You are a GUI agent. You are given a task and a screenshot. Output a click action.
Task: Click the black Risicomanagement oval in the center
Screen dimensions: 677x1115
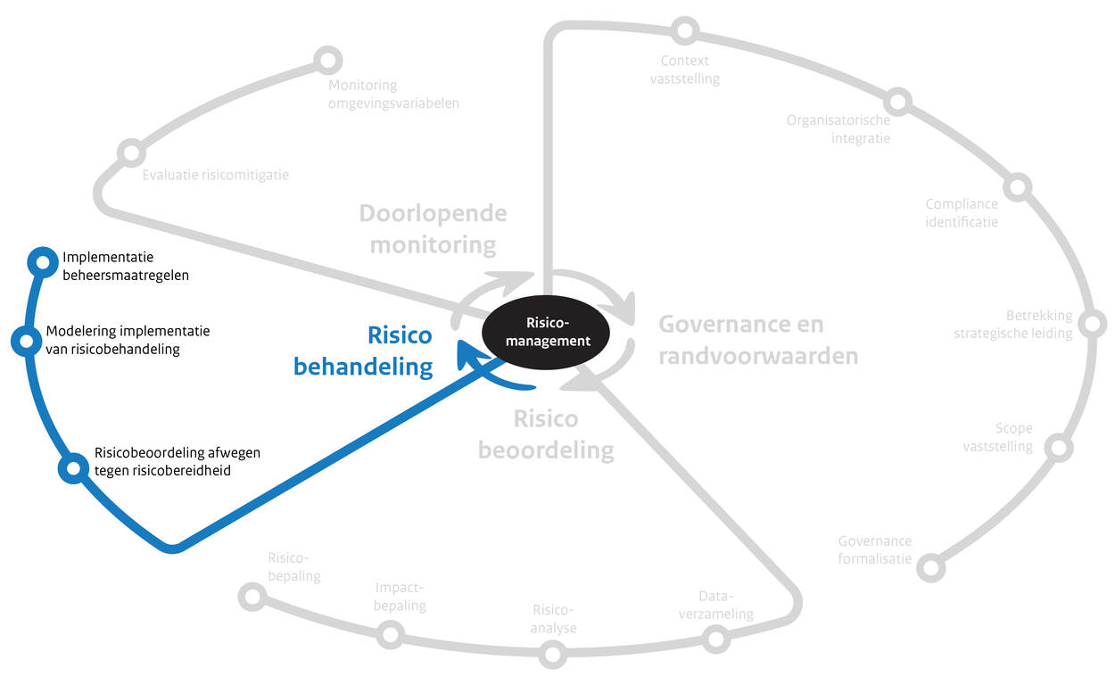point(545,332)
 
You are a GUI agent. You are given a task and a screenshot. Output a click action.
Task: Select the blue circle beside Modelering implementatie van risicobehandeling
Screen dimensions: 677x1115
point(25,340)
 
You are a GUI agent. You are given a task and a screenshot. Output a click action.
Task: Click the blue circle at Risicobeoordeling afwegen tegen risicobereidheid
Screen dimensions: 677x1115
point(72,468)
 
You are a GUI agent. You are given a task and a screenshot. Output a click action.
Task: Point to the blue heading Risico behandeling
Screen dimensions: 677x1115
point(401,351)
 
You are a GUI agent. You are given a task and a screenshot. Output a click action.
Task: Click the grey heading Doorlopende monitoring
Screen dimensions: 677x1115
point(433,228)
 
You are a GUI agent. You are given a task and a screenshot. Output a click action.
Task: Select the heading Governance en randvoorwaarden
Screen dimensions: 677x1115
point(758,340)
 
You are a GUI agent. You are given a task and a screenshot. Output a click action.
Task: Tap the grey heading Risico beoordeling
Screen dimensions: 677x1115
point(546,434)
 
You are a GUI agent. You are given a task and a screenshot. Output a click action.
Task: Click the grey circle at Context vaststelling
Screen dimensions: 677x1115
point(684,31)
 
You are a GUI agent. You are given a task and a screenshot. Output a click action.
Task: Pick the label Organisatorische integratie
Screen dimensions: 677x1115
point(838,129)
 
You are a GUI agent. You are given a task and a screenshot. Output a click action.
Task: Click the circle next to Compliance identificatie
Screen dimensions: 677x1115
point(1018,187)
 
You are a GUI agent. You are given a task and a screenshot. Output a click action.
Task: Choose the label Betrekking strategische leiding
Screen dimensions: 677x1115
point(1013,325)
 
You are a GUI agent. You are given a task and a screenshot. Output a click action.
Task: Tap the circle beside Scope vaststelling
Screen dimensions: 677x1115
point(1058,447)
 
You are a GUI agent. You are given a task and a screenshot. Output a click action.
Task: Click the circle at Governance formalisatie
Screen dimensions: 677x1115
point(930,567)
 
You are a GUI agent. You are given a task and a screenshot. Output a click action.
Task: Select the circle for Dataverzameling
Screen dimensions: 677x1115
point(714,638)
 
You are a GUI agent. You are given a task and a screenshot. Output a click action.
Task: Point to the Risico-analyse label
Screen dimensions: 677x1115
point(554,619)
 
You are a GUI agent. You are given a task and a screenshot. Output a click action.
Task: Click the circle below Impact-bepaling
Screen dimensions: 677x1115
point(390,634)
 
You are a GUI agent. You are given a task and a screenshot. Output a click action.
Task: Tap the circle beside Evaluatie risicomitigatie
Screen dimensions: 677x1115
point(131,153)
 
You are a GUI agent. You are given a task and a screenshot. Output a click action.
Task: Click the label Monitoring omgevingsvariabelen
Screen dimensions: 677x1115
point(393,94)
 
